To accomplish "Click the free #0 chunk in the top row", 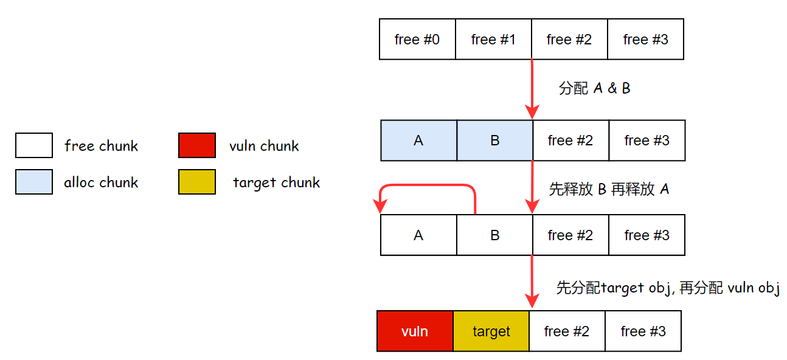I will (417, 40).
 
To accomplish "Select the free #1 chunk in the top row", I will (493, 40).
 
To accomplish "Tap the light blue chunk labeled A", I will (418, 140).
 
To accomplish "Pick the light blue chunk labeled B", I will (494, 140).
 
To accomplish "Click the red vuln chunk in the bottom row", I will (415, 331).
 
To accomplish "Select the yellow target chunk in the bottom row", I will (491, 331).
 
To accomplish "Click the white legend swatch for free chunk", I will (34, 146).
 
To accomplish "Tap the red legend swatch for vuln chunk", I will (197, 146).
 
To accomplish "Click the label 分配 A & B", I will (594, 89).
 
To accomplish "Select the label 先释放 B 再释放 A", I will (609, 189).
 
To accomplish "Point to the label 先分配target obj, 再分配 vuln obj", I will (668, 288).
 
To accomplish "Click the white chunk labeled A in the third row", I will (418, 235).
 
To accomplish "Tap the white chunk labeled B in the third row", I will (494, 235).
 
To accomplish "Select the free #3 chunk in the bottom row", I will (643, 331).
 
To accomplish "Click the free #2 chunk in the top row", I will (569, 40).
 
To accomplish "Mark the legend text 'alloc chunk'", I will (101, 182).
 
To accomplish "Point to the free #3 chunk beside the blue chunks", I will (647, 140).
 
